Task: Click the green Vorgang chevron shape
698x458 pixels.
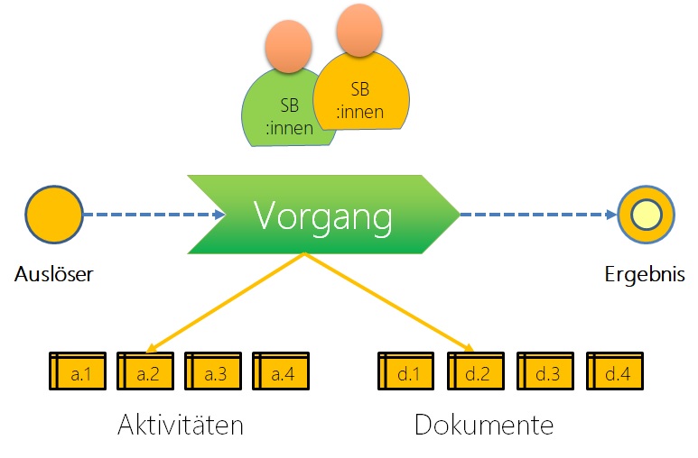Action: point(322,215)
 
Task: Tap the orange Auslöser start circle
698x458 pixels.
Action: point(54,215)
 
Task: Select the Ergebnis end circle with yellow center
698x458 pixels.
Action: point(646,215)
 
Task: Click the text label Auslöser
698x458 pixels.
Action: point(54,274)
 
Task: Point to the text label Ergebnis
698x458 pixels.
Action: point(644,274)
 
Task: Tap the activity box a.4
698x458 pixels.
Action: point(281,371)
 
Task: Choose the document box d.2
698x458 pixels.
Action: point(476,371)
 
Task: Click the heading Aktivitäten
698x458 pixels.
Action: point(181,425)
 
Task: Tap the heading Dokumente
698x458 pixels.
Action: point(484,425)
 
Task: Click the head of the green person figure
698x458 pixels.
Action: point(289,46)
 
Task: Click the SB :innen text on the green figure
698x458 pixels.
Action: point(289,117)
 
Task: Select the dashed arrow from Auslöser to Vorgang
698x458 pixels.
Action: point(154,215)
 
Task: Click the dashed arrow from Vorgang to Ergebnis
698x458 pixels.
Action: point(538,215)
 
